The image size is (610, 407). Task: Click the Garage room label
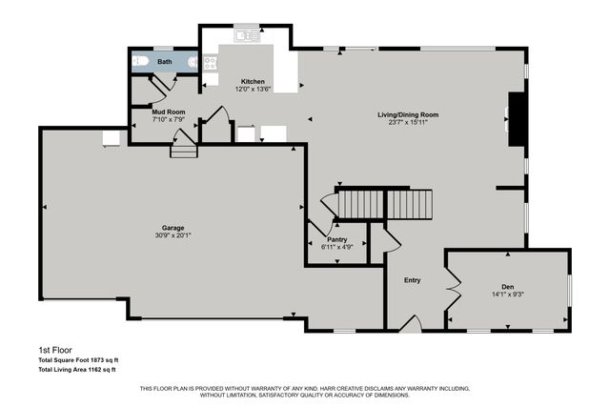click(172, 228)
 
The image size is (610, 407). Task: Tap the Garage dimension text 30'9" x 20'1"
click(172, 236)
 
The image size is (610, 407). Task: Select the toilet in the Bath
click(140, 62)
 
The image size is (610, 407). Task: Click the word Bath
click(165, 62)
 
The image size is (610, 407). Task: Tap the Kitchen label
click(253, 82)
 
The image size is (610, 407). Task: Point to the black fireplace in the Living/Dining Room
click(516, 119)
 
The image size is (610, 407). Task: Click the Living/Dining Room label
click(408, 114)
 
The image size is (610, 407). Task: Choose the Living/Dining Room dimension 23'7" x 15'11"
click(408, 123)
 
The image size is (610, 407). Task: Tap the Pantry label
click(337, 239)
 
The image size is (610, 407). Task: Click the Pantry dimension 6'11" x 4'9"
click(337, 248)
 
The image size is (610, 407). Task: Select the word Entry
click(412, 280)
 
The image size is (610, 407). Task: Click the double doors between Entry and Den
click(453, 284)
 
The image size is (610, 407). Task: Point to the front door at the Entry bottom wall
click(410, 326)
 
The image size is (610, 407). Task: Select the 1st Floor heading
click(54, 350)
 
